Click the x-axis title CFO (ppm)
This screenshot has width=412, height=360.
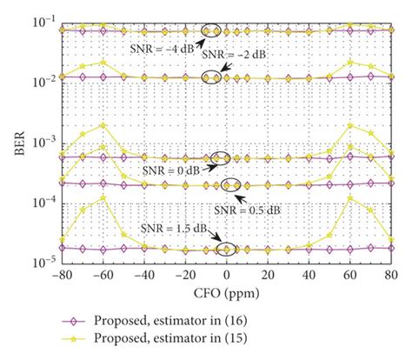224,288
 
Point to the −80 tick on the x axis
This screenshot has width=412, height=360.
61,272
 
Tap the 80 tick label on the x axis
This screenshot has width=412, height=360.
389,272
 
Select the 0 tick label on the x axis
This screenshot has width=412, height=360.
226,272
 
